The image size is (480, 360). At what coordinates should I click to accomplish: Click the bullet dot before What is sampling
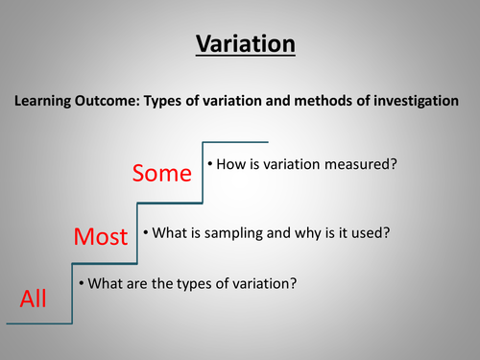point(146,231)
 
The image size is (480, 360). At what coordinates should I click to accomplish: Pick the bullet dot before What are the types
point(82,284)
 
